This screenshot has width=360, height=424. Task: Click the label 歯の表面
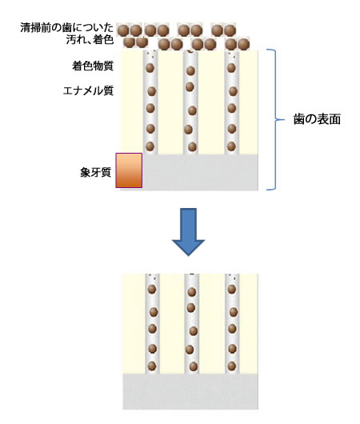point(317,119)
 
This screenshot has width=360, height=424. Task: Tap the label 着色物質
point(93,66)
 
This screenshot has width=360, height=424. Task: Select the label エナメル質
point(88,90)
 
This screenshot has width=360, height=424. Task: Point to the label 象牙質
point(95,172)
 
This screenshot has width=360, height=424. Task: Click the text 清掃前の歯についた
point(67,27)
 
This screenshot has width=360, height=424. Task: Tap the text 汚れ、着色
point(90,40)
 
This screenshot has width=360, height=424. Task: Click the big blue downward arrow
point(188,232)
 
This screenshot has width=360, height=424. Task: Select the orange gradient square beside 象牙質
point(129,170)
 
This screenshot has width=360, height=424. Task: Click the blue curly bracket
point(275,119)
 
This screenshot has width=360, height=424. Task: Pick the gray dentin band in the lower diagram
point(190,391)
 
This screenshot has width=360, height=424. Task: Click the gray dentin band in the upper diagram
point(200,172)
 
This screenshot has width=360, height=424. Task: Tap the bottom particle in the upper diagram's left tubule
point(150,146)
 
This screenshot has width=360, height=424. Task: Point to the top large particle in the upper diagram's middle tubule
point(190,71)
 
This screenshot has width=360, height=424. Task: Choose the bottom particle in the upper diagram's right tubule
point(231,146)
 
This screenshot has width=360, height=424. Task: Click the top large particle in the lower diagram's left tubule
point(152,290)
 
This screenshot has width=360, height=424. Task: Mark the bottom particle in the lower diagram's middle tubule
point(193,366)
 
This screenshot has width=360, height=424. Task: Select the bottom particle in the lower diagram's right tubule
point(232,366)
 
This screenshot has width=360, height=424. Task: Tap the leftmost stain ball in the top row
point(122,30)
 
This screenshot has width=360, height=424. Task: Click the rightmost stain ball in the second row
point(243,44)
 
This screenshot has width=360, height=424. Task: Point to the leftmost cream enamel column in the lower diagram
point(134,324)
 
